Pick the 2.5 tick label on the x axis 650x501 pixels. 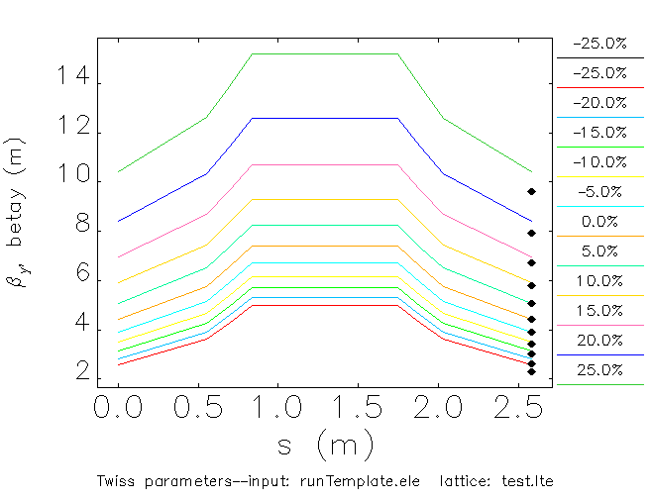[x=533, y=407]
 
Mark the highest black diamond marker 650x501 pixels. [x=531, y=191]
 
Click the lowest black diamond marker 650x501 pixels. [x=531, y=372]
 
